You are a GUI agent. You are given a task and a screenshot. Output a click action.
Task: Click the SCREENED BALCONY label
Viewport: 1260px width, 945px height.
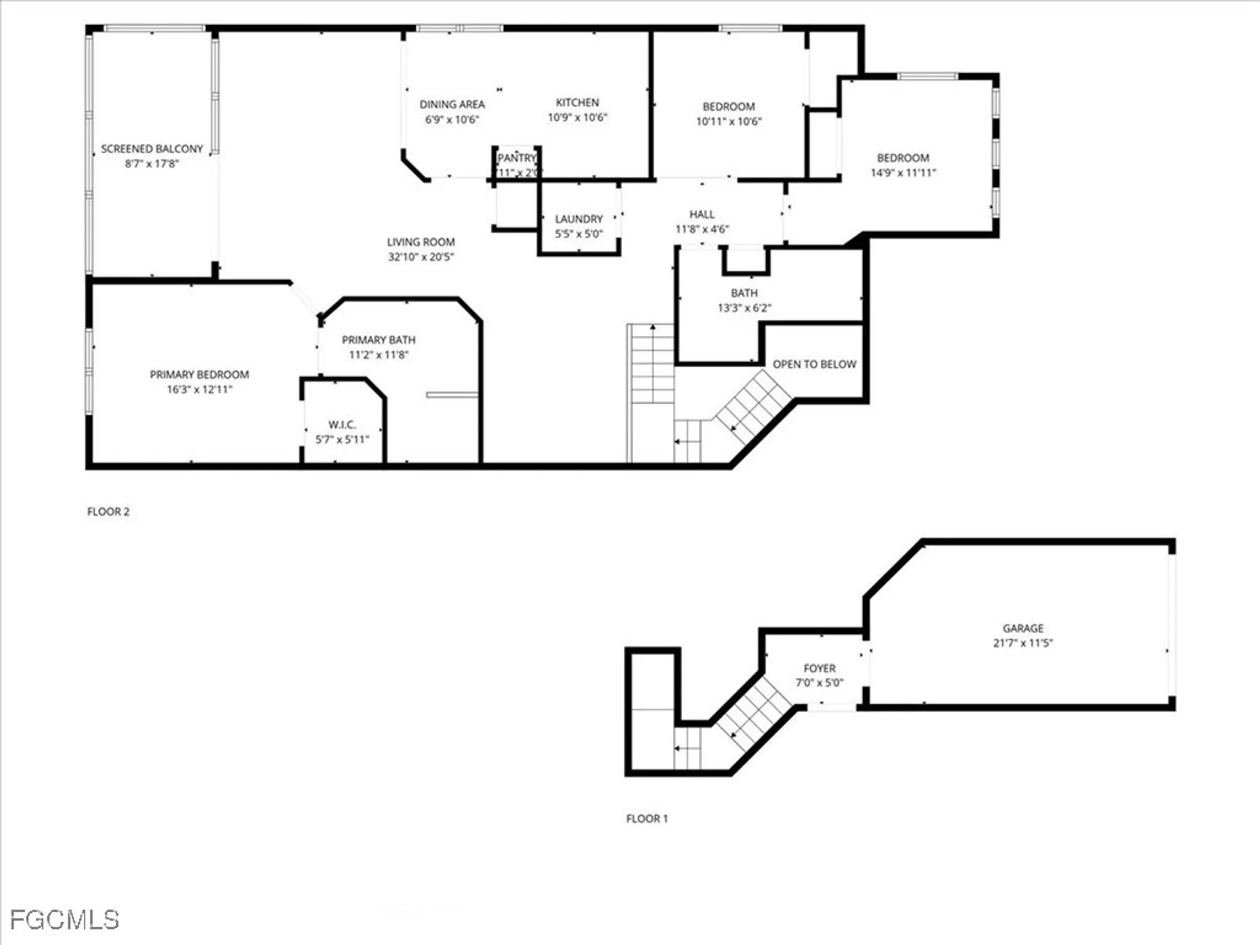pos(152,149)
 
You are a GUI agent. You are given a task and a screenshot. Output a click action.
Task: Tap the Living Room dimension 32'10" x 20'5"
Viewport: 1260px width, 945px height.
pos(421,257)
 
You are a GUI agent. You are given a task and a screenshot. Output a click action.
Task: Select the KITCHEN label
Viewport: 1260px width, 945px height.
pos(577,102)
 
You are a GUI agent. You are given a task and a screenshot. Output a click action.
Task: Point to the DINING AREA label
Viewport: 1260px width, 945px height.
pos(452,104)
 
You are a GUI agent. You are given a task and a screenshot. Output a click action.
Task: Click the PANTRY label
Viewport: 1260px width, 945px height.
pos(517,157)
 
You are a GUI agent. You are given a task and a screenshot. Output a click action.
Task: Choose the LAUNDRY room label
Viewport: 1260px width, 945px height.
pos(579,219)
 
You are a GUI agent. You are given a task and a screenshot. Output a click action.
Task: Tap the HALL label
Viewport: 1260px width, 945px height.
pos(702,214)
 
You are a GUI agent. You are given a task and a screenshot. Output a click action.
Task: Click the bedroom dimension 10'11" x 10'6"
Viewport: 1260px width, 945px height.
pos(729,122)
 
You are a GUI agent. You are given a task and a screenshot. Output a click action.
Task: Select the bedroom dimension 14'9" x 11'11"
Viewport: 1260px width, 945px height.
pos(903,173)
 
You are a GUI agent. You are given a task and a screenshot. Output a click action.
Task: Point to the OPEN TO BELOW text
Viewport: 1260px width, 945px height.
pos(814,364)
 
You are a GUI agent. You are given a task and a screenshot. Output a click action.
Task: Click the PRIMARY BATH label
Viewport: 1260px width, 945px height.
pos(379,340)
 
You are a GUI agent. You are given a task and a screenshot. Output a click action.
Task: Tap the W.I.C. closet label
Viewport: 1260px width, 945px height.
pos(342,425)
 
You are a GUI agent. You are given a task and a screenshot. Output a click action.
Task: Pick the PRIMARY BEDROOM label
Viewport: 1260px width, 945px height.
pos(199,374)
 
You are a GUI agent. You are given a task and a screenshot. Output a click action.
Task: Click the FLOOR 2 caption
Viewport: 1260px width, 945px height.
pos(108,512)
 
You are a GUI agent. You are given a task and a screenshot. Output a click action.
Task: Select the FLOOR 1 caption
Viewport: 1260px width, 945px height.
pos(647,818)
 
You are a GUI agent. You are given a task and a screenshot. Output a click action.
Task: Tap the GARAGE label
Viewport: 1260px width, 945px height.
pos(1023,628)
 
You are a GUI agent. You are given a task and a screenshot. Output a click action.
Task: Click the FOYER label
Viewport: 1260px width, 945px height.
pos(820,668)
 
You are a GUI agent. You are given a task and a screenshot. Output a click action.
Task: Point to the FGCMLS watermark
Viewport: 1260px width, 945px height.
pos(65,920)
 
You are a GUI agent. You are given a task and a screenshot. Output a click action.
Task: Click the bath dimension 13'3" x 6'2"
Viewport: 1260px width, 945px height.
pos(745,308)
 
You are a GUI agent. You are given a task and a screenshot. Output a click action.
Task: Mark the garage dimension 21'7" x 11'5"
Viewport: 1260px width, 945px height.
pos(1023,643)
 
